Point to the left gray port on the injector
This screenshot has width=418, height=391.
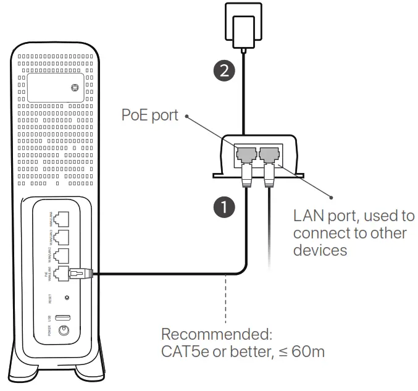(x=246, y=153)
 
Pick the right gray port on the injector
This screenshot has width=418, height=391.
(x=270, y=153)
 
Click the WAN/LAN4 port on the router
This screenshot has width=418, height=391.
(x=62, y=219)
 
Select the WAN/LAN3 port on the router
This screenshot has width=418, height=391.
(x=62, y=238)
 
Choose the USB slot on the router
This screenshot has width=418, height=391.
(x=62, y=317)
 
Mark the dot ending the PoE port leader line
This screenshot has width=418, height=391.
(x=188, y=116)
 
